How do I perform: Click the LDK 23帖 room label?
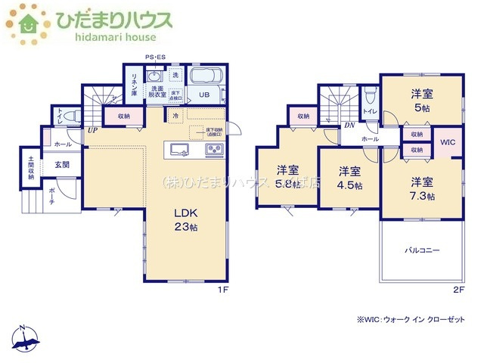click(x=185, y=220)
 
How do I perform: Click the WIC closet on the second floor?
click(x=447, y=142)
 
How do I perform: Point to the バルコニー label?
click(x=420, y=249)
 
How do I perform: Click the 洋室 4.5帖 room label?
click(x=349, y=178)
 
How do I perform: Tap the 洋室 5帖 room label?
click(x=422, y=101)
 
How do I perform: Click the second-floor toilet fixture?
click(x=369, y=95)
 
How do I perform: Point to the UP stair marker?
click(x=92, y=130)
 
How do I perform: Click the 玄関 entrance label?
click(x=61, y=164)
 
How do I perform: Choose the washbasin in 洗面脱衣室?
click(x=155, y=76)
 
